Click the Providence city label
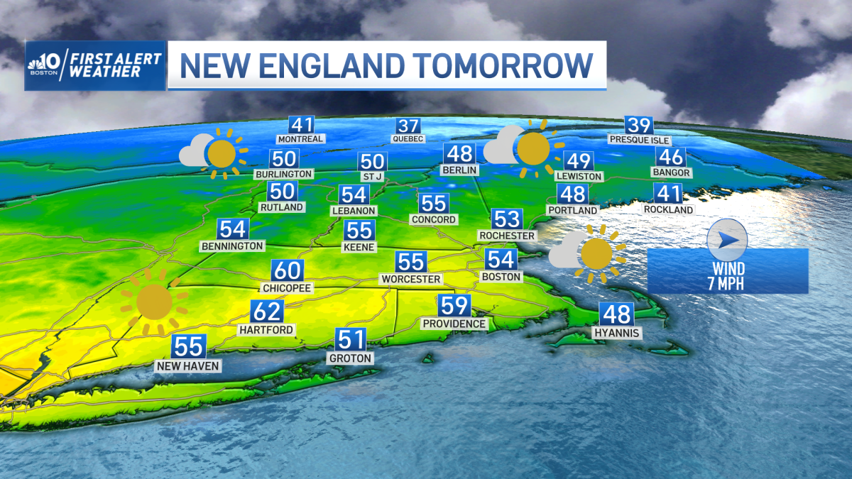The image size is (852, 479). (x=454, y=324)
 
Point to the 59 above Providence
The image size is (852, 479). (x=454, y=306)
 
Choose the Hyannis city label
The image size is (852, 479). (x=618, y=333)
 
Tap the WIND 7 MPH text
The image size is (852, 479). (x=727, y=276)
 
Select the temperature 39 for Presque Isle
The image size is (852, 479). (x=639, y=126)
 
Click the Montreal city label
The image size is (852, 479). (x=301, y=139)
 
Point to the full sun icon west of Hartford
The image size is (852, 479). (x=153, y=302)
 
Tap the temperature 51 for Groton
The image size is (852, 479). (x=351, y=340)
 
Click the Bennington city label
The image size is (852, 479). (x=232, y=246)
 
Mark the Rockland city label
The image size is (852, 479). (x=668, y=209)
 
